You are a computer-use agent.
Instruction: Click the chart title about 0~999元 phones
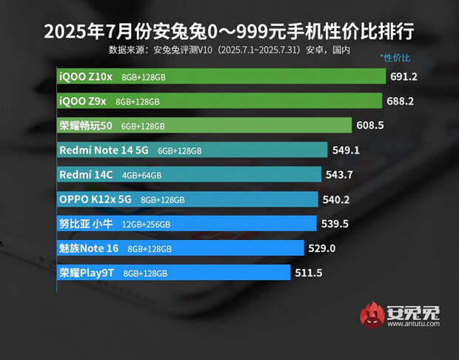229,33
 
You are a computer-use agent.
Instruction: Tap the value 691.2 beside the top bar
404,76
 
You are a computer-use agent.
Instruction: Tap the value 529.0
323,248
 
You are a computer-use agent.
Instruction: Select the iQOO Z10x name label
85,76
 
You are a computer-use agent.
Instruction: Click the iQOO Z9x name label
83,101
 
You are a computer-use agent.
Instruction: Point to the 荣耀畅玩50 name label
85,125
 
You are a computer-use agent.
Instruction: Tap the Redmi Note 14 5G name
104,150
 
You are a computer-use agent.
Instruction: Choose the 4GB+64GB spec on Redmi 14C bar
141,175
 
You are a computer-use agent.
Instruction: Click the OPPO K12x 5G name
95,199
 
